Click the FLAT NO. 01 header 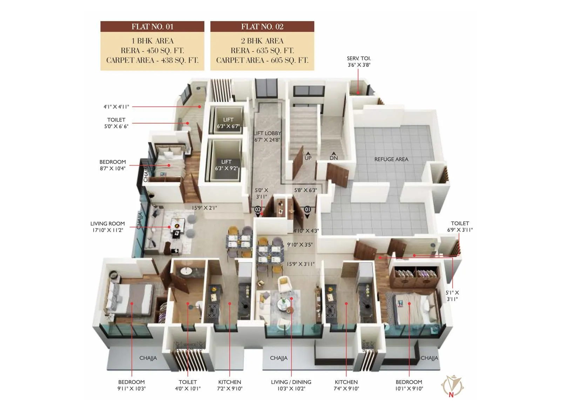152,27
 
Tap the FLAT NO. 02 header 262,27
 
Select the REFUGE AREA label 391,159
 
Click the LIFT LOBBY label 267,136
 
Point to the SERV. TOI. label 359,62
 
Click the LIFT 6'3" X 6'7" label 228,123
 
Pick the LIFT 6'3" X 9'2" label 226,165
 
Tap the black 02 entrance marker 258,209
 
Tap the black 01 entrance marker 307,209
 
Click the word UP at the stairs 308,158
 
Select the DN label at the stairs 333,158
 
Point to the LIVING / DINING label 291,385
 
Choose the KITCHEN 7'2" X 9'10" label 230,385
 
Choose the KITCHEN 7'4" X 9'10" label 346,385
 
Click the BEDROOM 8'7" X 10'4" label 113,165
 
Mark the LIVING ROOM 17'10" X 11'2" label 108,227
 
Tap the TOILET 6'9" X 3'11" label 460,226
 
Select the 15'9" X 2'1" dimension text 204,208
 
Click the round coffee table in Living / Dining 284,303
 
